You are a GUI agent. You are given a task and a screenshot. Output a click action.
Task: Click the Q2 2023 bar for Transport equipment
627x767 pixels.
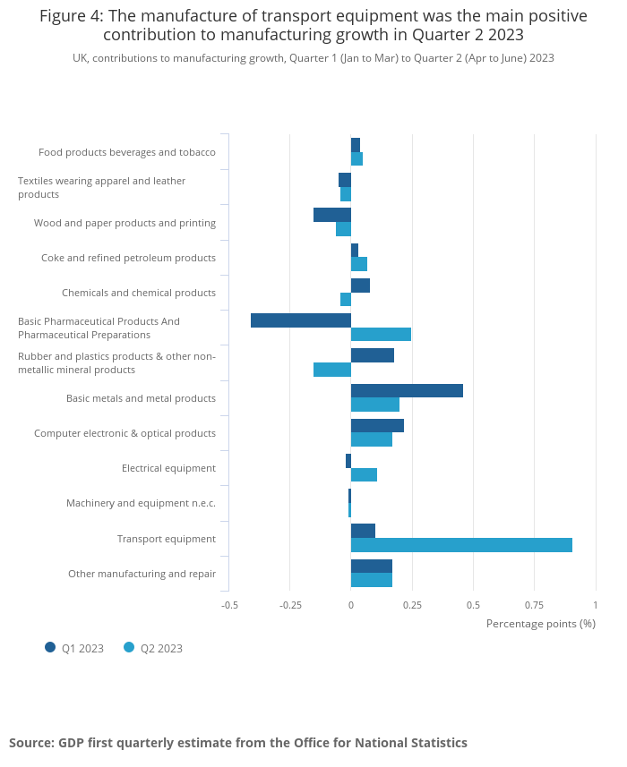click(x=461, y=545)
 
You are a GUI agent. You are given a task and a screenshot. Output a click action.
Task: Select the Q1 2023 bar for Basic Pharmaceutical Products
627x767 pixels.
click(x=301, y=320)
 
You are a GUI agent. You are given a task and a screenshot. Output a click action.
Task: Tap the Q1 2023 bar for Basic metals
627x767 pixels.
click(x=407, y=390)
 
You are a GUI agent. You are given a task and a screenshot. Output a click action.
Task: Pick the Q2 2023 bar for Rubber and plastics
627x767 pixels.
click(x=332, y=370)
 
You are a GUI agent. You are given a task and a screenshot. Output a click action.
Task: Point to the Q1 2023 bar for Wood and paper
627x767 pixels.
click(x=332, y=215)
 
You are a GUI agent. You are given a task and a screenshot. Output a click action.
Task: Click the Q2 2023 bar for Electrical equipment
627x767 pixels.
click(x=364, y=474)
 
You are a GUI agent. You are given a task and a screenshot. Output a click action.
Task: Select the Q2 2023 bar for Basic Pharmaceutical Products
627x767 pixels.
click(x=381, y=334)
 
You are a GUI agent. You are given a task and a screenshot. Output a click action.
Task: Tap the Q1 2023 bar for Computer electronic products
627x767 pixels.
click(x=377, y=425)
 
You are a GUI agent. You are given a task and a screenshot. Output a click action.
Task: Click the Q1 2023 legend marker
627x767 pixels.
click(x=50, y=647)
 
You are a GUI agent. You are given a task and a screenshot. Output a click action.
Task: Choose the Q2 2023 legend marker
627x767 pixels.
click(x=129, y=647)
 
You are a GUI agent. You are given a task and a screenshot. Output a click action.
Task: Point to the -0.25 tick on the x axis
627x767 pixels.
click(x=290, y=605)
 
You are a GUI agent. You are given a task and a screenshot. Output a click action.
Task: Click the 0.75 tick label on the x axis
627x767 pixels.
click(x=534, y=605)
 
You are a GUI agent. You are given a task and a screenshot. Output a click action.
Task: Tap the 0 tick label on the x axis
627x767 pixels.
click(x=351, y=605)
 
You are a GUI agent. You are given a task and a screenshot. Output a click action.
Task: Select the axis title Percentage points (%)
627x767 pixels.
click(x=540, y=623)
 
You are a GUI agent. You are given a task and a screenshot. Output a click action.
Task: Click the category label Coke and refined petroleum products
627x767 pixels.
click(x=128, y=258)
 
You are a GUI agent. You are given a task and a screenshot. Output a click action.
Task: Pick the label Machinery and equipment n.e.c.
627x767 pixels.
click(x=141, y=503)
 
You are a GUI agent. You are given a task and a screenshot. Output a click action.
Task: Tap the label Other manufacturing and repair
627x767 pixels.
click(x=142, y=574)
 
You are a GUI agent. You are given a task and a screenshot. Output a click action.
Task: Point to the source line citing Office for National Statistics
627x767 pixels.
click(x=238, y=743)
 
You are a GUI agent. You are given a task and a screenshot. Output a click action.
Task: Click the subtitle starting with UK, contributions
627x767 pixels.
click(x=313, y=58)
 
